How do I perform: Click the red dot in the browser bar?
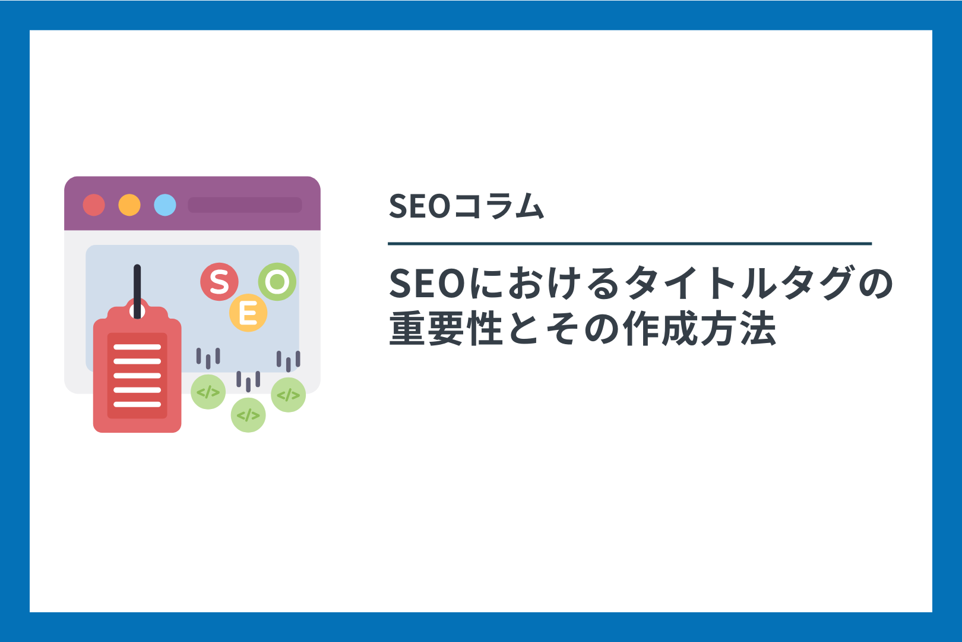[x=94, y=204]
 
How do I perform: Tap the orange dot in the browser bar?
[x=129, y=204]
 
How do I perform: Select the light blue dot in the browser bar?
[x=165, y=204]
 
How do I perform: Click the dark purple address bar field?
[x=245, y=204]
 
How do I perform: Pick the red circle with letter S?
[x=219, y=282]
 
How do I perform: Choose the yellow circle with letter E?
[x=248, y=313]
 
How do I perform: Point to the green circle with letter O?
[x=277, y=282]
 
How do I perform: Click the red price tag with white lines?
[x=137, y=370]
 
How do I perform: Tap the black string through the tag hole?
[x=137, y=291]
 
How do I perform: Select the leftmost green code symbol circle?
[x=208, y=392]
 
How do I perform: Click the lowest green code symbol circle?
[x=248, y=415]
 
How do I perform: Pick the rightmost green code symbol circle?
[x=288, y=395]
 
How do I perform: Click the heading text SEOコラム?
[x=466, y=206]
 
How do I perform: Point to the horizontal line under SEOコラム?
[x=629, y=243]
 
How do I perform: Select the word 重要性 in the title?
[x=446, y=328]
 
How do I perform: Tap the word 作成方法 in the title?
[x=700, y=328]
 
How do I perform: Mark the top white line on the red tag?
[x=137, y=347]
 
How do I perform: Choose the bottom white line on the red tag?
[x=137, y=404]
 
